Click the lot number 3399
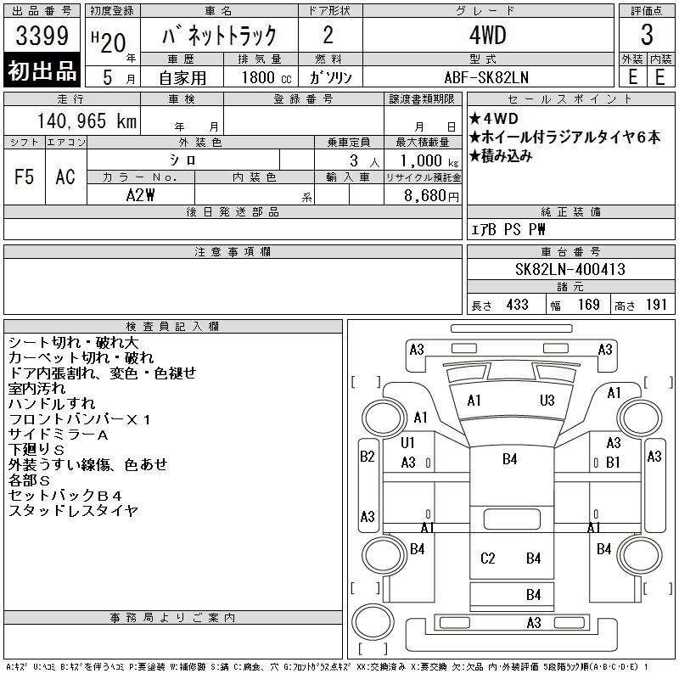point(42,36)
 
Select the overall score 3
point(647,36)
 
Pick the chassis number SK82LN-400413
point(570,270)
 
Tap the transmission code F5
point(24,177)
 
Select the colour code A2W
point(140,194)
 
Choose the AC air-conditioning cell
point(65,177)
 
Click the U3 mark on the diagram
point(547,400)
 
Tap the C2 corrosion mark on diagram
point(487,558)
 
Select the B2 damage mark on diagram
point(367,456)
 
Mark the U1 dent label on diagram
point(408,442)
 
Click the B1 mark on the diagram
point(613,462)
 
